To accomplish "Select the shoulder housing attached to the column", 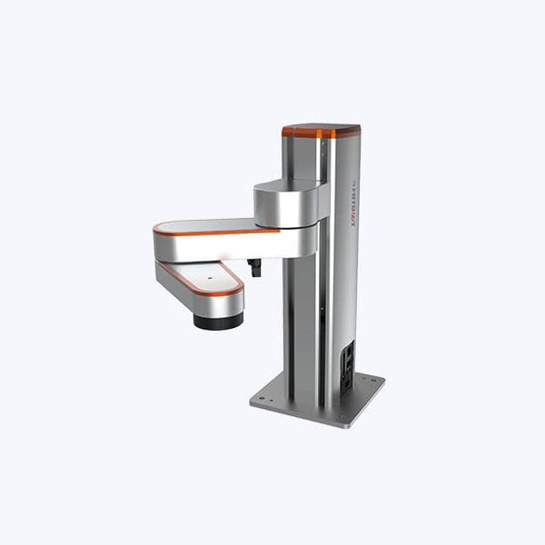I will [x=289, y=203].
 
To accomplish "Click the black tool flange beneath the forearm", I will [x=218, y=322].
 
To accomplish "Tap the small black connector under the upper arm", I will [x=254, y=267].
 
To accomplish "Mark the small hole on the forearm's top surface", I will [x=208, y=270].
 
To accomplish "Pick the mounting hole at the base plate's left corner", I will [x=262, y=397].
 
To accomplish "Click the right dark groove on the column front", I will [x=320, y=318].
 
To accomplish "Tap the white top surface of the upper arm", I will [x=209, y=225].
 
